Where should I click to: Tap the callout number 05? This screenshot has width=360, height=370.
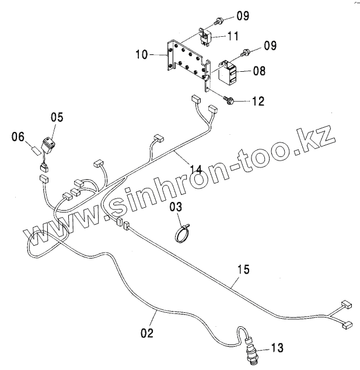(56, 117)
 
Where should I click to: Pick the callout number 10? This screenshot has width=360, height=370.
(142, 55)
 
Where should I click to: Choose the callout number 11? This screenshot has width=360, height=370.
(232, 36)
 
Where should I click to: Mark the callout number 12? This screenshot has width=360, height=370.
(258, 101)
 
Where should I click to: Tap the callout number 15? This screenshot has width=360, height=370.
(243, 269)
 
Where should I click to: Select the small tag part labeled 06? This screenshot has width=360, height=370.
(35, 150)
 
